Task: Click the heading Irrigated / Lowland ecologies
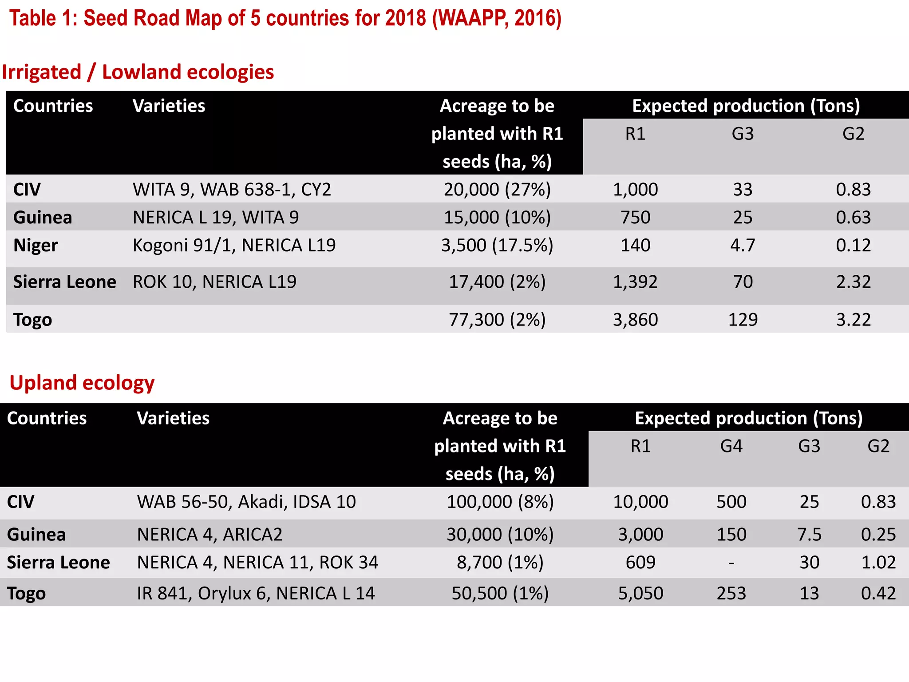[x=138, y=72]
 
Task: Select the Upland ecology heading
[x=82, y=383]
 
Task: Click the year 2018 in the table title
[x=405, y=19]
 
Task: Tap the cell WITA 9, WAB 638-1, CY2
[x=232, y=190]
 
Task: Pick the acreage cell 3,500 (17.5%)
[x=497, y=245]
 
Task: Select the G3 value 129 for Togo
[x=743, y=320]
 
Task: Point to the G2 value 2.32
[x=853, y=282]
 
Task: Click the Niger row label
[x=36, y=245]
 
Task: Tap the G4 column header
[x=731, y=446]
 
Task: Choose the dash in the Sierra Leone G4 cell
[x=731, y=563]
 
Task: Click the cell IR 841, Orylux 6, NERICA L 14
[x=256, y=593]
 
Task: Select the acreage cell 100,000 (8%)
[x=500, y=502]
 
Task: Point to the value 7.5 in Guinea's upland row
[x=809, y=534]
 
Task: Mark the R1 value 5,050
[x=640, y=593]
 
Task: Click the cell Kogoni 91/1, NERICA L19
[x=234, y=245]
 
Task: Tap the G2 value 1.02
[x=878, y=563]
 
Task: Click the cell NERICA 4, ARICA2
[x=209, y=534]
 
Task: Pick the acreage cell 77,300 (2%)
[x=497, y=320]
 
